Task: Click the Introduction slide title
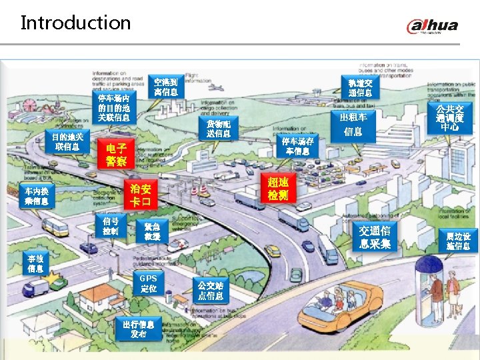75,23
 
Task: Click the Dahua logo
433,27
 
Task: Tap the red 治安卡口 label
141,195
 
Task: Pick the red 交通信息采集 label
374,237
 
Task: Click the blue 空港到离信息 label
165,87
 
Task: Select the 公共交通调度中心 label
449,118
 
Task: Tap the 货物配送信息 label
219,129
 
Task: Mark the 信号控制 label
111,226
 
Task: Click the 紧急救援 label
152,231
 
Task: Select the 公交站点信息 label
210,290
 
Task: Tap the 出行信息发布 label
139,329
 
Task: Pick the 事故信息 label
36,263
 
